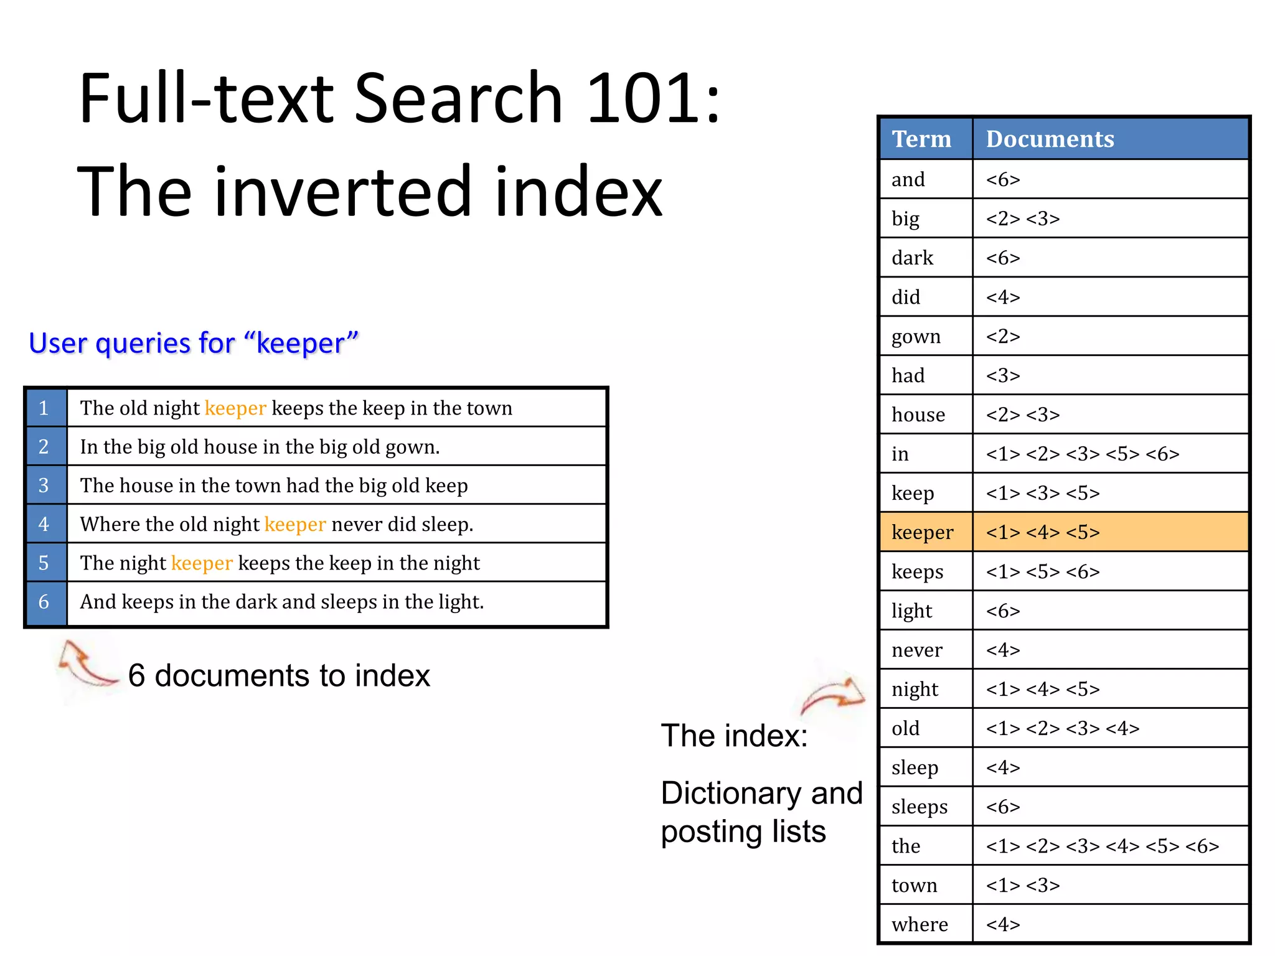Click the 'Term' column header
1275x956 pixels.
click(921, 139)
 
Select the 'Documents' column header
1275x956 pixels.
click(1050, 139)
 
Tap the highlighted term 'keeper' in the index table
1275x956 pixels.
click(922, 532)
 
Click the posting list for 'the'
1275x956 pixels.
click(1102, 846)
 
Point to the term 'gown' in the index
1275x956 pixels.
click(916, 337)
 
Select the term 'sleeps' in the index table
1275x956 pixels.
click(919, 807)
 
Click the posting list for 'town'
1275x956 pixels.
click(1022, 885)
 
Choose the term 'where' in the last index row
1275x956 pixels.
click(920, 924)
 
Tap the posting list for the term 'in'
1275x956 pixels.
click(1082, 454)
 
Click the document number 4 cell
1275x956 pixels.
click(44, 524)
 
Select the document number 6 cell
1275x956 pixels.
click(44, 602)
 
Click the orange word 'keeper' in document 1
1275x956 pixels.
click(235, 408)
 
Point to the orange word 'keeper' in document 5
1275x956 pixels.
click(202, 563)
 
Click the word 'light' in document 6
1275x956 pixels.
click(461, 602)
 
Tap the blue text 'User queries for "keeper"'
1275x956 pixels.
click(194, 343)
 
